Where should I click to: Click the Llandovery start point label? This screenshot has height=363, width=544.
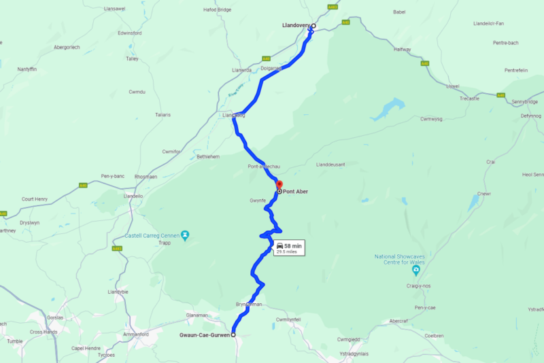295,26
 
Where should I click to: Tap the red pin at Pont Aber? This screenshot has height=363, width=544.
278,184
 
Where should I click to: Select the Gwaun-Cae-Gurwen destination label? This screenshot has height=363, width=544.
204,335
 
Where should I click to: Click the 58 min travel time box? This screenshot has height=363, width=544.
288,247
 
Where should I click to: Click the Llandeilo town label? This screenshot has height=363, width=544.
133,196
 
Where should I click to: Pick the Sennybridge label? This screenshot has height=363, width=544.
524,101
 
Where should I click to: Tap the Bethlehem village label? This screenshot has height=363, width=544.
207,156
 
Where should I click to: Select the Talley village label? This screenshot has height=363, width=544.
132,59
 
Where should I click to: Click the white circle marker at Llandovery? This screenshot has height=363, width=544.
313,26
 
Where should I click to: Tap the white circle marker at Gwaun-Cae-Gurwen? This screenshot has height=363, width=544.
233,335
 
